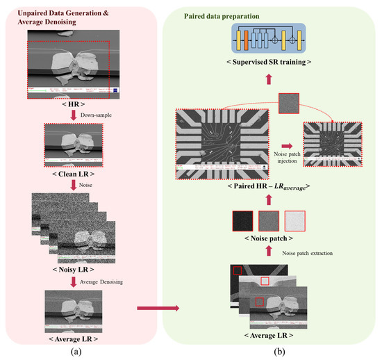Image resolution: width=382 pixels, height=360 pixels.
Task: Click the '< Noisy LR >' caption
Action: (x=74, y=268)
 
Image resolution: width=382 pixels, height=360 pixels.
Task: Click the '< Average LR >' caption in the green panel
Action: (x=269, y=336)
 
